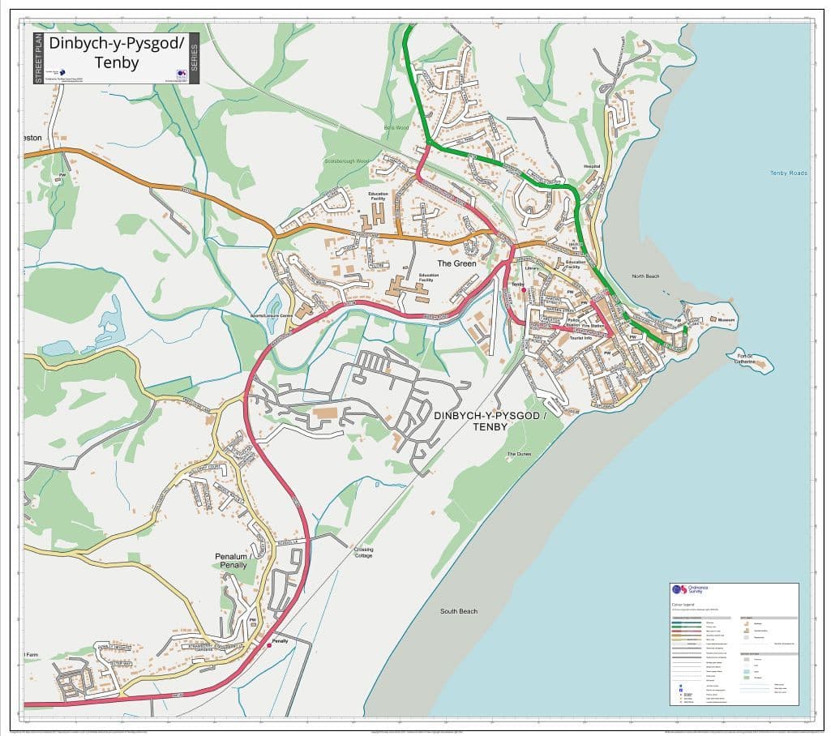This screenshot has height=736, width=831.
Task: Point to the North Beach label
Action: (645, 276)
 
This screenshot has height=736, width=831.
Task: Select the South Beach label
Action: (459, 611)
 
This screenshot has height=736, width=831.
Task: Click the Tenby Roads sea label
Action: (789, 173)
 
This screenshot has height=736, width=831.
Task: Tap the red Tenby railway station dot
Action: (524, 290)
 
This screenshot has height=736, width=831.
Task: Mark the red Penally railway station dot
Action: (269, 645)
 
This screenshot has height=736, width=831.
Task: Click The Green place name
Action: (456, 263)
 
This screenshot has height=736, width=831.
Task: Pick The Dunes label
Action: (518, 454)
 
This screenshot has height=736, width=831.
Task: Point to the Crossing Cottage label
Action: (363, 552)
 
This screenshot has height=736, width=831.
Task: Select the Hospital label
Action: (593, 165)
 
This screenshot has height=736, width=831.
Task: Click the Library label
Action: (532, 268)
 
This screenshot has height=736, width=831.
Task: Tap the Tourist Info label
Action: (580, 338)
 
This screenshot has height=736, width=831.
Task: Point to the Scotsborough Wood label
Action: (346, 161)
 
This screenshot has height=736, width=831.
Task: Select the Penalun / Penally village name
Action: (231, 560)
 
